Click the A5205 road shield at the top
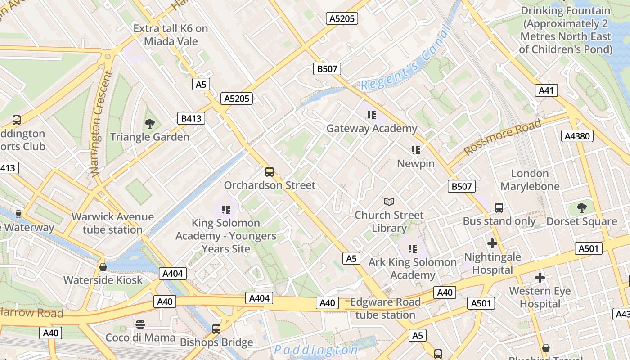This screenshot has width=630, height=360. pyautogui.click(x=342, y=18)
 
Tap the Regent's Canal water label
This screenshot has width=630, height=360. pyautogui.click(x=405, y=60)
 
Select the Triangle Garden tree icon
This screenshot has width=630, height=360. pyautogui.click(x=150, y=123)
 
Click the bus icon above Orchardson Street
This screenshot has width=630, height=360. pyautogui.click(x=269, y=171)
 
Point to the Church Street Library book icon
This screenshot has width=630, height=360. pyautogui.click(x=389, y=202)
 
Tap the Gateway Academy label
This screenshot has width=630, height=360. pyautogui.click(x=372, y=129)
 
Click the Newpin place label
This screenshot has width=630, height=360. pyautogui.click(x=416, y=163)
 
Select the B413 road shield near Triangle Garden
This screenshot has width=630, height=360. pyautogui.click(x=191, y=118)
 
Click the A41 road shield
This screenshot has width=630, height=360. pyautogui.click(x=546, y=90)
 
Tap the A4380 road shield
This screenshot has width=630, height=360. pyautogui.click(x=577, y=136)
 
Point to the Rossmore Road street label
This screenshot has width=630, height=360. pyautogui.click(x=502, y=137)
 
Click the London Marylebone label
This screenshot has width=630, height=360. pyautogui.click(x=530, y=180)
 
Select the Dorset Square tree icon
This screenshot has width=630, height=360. pyautogui.click(x=581, y=207)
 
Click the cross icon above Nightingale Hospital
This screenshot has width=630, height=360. pyautogui.click(x=492, y=243)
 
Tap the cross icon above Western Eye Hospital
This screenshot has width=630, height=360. pyautogui.click(x=540, y=277)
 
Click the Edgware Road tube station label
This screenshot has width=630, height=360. pyautogui.click(x=385, y=308)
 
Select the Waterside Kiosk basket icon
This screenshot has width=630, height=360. pyautogui.click(x=103, y=267)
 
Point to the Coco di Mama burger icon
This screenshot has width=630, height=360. pyautogui.click(x=140, y=324)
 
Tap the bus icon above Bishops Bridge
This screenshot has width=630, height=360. pyautogui.click(x=216, y=329)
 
